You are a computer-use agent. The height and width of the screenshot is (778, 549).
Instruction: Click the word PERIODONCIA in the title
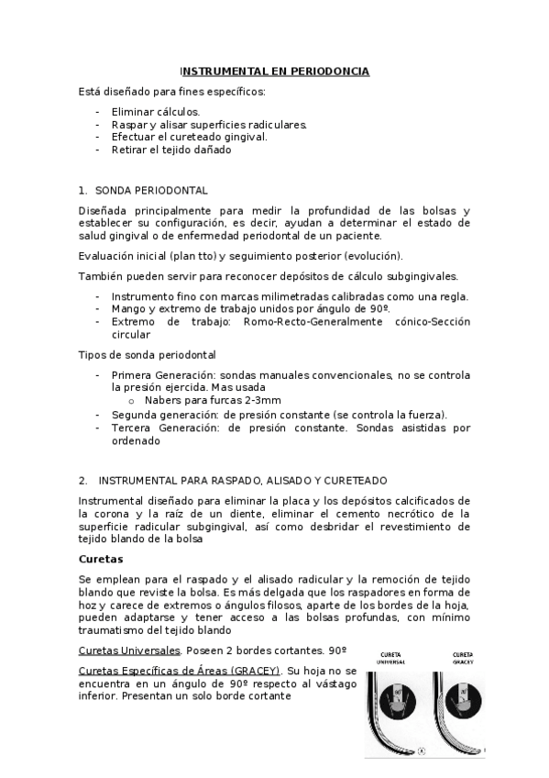[x=326, y=71]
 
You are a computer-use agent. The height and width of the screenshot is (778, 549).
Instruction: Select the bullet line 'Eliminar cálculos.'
[x=155, y=111]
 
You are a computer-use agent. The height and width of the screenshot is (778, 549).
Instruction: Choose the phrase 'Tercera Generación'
[x=161, y=427]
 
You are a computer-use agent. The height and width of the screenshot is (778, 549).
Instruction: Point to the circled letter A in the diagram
[x=421, y=750]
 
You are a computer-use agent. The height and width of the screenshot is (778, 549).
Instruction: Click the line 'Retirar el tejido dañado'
[x=170, y=150]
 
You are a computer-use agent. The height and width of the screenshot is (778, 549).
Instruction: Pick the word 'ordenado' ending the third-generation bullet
[x=136, y=439]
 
